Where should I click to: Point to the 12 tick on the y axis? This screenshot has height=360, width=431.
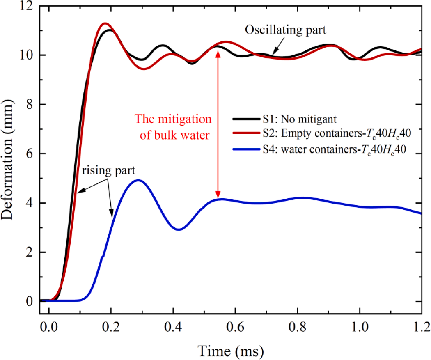pyautogui.click(x=30, y=7)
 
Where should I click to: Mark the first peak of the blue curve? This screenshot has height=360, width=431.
pyautogui.click(x=138, y=180)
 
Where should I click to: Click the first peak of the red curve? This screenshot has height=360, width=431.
pyautogui.click(x=105, y=23)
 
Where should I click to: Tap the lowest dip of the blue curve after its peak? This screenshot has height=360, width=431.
pyautogui.click(x=179, y=229)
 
